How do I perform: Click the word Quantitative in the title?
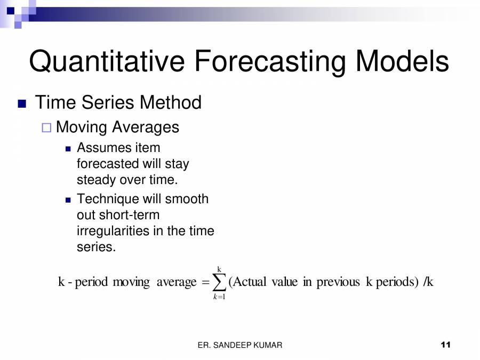pos(107,61)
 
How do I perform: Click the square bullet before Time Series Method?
pos(22,103)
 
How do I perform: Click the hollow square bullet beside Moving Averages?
pos(46,128)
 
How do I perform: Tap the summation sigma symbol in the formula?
pos(219,282)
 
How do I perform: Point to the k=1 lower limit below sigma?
pos(219,297)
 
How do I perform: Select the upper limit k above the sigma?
pos(219,269)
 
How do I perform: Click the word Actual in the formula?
pos(249,282)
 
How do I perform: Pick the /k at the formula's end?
pos(428,282)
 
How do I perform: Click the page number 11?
pos(446,345)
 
